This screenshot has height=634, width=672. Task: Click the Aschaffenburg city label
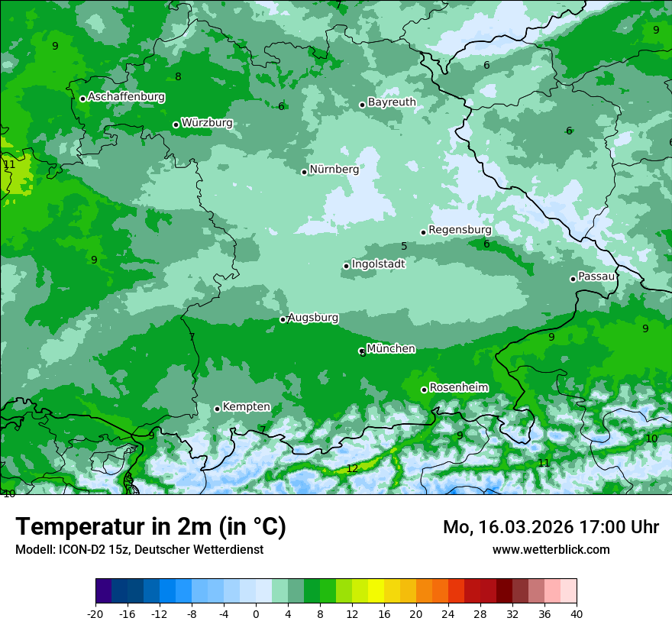coord(126,97)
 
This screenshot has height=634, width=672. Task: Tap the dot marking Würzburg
coord(176,125)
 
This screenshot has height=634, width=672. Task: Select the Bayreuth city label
coord(392,102)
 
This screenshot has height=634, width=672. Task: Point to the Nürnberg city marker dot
coord(304,172)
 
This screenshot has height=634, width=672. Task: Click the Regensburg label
coord(460,229)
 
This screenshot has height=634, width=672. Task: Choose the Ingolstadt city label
coord(378,264)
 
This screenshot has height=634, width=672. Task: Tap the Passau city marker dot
coord(573,279)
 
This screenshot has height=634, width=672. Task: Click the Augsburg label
coord(313,317)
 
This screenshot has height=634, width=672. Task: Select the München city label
coord(391,348)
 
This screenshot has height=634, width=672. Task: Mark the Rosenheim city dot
coord(424,390)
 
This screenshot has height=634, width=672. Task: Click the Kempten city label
coord(246,406)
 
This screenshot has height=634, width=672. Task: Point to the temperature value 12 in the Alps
coord(351,468)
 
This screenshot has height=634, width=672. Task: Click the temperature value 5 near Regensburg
coord(404,246)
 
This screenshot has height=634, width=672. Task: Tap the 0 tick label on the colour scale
coord(256,613)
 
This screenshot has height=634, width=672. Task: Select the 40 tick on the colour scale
coord(576,613)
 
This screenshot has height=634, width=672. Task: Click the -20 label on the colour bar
coord(95,613)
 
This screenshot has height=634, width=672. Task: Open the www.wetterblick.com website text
coord(551,549)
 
